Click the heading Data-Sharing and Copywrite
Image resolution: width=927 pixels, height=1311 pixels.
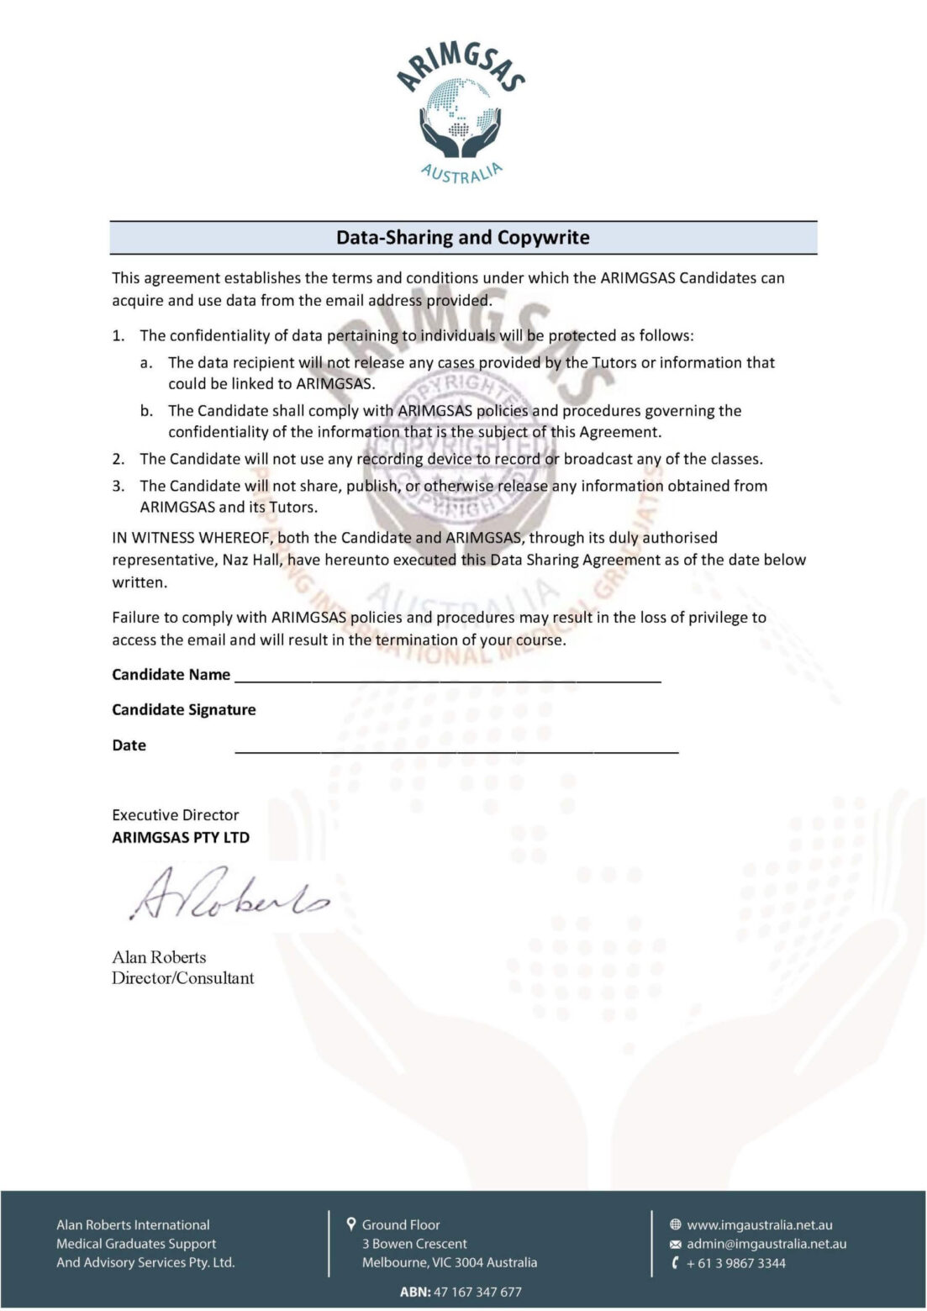[463, 238]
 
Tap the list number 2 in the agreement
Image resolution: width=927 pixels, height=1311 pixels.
[119, 459]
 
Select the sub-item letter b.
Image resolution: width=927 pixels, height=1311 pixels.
[146, 411]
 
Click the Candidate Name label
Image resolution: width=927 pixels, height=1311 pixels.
[171, 675]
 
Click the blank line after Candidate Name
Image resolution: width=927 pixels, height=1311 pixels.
[447, 677]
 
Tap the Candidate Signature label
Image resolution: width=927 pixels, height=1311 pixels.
[184, 710]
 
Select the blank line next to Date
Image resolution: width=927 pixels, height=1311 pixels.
[456, 748]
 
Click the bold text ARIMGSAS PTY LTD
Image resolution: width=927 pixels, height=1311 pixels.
[181, 838]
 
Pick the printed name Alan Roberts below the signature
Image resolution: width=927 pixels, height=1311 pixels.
[159, 957]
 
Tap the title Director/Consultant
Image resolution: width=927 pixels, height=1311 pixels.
[182, 978]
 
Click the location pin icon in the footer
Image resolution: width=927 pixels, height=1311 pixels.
[351, 1224]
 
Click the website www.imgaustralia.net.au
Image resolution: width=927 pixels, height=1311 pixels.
[759, 1225]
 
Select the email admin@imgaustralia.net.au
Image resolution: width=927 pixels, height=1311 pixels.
[766, 1244]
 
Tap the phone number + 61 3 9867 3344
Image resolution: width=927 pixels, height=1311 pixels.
[735, 1263]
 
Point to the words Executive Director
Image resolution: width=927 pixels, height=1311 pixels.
[175, 815]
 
